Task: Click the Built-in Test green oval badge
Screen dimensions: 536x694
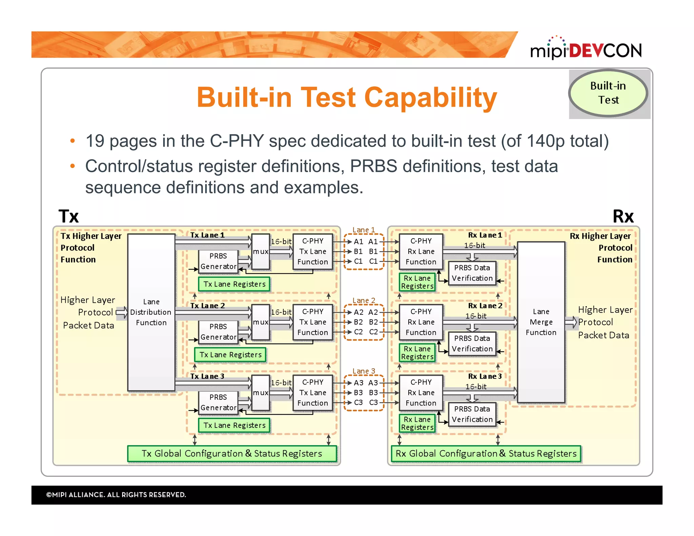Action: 608,93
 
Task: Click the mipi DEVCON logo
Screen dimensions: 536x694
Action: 586,49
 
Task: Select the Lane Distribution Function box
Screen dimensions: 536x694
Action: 151,312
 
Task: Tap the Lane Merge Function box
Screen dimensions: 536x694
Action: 541,322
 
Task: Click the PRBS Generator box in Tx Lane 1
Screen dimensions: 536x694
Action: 218,261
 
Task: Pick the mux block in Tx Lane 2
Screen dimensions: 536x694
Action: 261,322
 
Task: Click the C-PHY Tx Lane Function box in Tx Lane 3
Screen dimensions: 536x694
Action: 312,393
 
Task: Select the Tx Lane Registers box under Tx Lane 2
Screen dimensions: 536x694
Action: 230,355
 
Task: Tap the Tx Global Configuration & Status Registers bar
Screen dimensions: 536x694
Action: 232,454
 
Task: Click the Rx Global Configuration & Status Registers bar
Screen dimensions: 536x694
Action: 486,454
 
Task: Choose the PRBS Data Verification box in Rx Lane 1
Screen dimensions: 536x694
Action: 472,273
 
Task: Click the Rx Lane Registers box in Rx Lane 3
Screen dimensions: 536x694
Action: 417,424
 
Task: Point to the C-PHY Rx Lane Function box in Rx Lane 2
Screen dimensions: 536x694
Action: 421,322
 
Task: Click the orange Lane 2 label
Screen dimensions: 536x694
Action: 364,301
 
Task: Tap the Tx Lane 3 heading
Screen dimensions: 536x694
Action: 207,376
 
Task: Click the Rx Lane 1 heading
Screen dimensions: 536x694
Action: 485,235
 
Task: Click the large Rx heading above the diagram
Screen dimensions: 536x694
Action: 623,216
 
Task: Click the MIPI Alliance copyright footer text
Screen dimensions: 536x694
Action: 116,495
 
